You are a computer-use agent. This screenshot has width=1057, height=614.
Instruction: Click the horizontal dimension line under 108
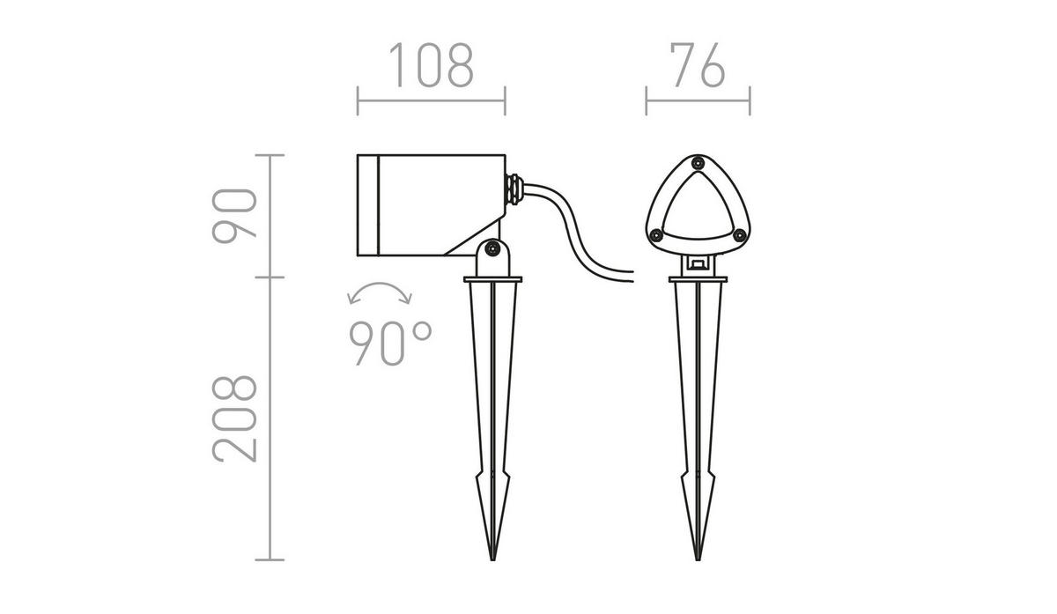click(x=431, y=100)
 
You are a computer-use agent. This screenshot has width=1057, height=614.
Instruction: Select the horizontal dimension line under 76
click(x=698, y=100)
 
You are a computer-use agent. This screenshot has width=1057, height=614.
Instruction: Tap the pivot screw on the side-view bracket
click(x=492, y=252)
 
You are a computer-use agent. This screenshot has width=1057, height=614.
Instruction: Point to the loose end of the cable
click(x=631, y=276)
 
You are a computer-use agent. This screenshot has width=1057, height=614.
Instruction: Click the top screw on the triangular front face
click(x=698, y=163)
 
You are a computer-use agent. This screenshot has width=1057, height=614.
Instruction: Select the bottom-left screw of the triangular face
click(x=655, y=234)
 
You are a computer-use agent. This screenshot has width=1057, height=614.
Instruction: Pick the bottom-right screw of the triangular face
click(x=740, y=234)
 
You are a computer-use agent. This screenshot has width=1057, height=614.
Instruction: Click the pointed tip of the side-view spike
click(x=492, y=559)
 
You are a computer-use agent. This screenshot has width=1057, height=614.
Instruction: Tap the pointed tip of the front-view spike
click(x=699, y=559)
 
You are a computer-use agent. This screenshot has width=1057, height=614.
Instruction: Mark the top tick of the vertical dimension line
click(x=270, y=155)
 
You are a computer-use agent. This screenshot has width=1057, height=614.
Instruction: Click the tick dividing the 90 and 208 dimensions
click(x=270, y=277)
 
